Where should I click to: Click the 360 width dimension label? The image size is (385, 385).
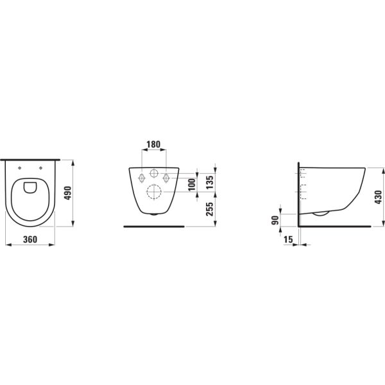tap(23, 239)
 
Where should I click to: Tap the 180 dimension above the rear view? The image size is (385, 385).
tap(153, 144)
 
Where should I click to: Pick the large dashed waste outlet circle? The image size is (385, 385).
tap(154, 191)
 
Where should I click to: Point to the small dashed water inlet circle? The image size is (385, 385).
tap(154, 173)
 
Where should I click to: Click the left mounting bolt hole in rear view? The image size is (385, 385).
tap(140, 177)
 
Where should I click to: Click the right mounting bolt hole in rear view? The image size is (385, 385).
tap(167, 177)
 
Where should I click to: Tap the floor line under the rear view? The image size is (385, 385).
tap(154, 226)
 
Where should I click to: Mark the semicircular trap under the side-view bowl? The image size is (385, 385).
tap(321, 214)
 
